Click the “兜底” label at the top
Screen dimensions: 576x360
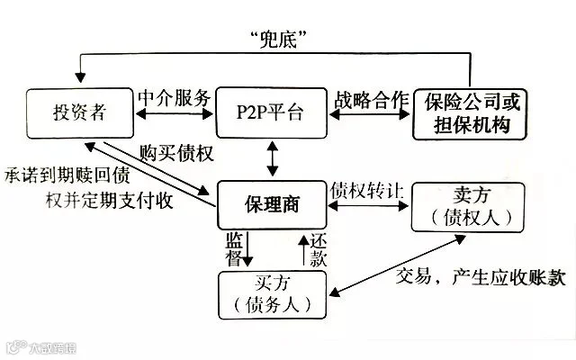pos(278,40)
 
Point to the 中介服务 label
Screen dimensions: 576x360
pos(175,98)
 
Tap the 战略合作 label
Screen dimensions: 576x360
pos(371,100)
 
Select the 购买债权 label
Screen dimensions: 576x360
pos(176,153)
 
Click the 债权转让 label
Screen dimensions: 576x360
pos(366,191)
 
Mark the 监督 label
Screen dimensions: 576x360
pos(234,248)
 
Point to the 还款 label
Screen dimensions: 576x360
pos(318,250)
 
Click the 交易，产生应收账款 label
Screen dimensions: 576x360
pos(481,277)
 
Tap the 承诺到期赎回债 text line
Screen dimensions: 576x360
pos(67,175)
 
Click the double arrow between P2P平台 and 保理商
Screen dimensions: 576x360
pos(272,159)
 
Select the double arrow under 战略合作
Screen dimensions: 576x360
pos(370,114)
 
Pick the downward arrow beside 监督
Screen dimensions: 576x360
pos(247,248)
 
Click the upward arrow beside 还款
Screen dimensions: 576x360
pos(304,250)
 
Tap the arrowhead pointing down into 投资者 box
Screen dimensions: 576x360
pos(80,77)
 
